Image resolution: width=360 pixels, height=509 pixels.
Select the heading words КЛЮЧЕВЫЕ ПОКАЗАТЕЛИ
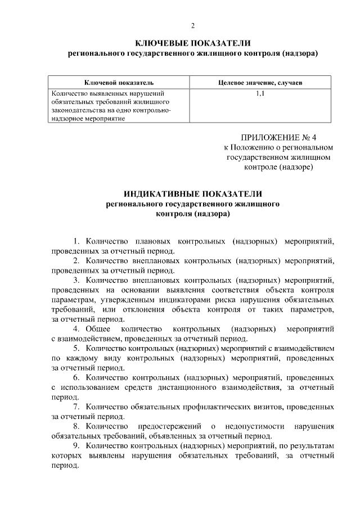[193, 43]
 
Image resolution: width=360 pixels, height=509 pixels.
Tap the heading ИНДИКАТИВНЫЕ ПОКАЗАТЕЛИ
[193, 194]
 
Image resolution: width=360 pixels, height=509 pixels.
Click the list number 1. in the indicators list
[78, 242]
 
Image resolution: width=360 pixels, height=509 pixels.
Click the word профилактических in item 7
[212, 406]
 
